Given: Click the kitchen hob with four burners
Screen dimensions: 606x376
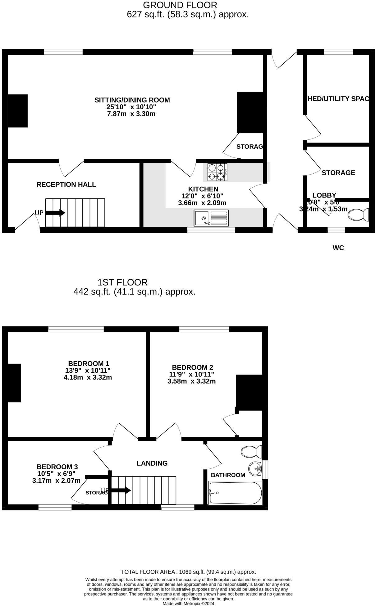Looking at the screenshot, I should click(x=217, y=172).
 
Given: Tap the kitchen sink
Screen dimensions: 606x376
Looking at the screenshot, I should click(x=211, y=218).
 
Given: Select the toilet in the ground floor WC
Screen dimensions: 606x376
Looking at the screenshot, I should click(x=358, y=215).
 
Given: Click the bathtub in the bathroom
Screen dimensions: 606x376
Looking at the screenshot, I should click(x=235, y=493).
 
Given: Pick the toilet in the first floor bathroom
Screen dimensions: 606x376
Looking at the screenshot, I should click(x=251, y=452).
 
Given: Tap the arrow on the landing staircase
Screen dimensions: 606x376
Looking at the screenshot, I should click(x=121, y=491).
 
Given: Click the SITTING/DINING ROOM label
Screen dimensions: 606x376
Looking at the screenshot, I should click(x=132, y=100).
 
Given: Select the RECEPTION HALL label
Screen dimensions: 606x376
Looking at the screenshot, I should click(x=66, y=185).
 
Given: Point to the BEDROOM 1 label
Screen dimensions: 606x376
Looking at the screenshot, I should click(x=89, y=363).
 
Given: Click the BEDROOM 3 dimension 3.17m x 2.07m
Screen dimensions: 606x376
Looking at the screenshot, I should click(x=56, y=481).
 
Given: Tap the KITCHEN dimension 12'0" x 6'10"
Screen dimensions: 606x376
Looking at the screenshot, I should click(x=202, y=196).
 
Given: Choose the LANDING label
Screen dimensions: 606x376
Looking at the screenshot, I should click(x=152, y=463).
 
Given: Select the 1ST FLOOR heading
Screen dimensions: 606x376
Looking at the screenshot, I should click(x=122, y=282).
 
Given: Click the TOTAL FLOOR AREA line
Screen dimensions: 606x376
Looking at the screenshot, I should click(x=188, y=572).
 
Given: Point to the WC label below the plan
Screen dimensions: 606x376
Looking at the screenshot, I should click(x=338, y=248).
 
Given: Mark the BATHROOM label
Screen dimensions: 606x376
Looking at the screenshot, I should click(x=228, y=475).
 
